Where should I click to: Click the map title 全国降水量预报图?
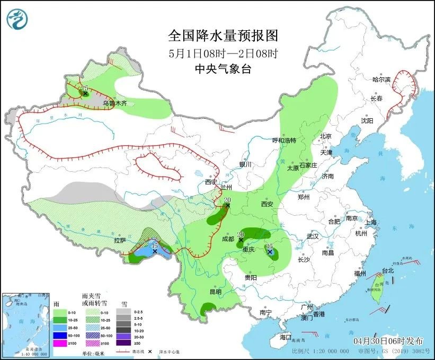click(x=223, y=36)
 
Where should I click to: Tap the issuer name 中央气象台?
click(x=223, y=69)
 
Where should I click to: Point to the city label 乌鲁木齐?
click(x=114, y=103)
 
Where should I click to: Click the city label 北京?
click(x=325, y=136)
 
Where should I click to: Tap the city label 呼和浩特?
click(x=283, y=141)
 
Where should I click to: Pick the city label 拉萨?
click(x=120, y=240)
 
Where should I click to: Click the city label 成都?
click(x=228, y=239)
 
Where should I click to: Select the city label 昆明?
click(x=215, y=292)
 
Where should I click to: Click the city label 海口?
click(x=286, y=337)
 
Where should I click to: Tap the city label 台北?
click(x=388, y=270)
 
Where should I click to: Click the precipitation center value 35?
click(x=270, y=245)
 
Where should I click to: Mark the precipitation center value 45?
click(x=154, y=245)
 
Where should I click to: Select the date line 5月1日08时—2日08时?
click(x=223, y=53)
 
